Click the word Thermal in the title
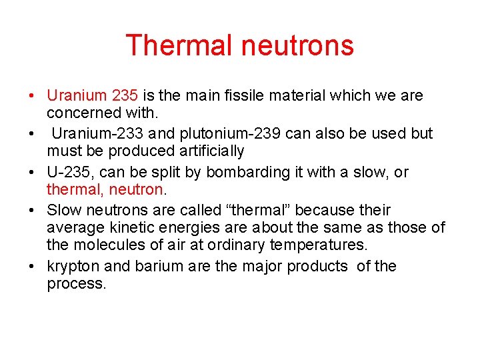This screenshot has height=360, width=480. [177, 45]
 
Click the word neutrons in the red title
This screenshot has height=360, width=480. [297, 45]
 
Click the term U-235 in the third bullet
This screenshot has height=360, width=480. [67, 172]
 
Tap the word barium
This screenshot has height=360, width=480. [159, 267]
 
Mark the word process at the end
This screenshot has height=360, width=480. [75, 283]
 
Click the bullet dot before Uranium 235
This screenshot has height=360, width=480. [32, 95]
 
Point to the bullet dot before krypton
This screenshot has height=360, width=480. [32, 267]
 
